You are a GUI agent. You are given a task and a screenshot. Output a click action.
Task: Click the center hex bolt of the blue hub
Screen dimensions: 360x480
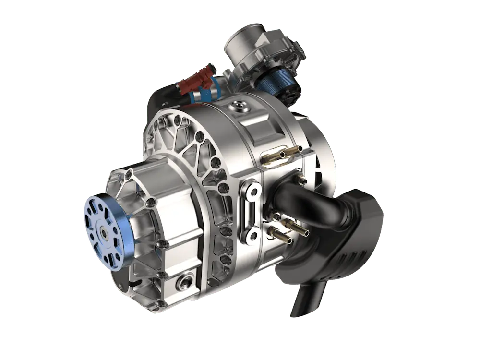click(x=104, y=232)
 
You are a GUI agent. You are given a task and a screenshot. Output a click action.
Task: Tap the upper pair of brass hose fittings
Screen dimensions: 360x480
click(x=283, y=154)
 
